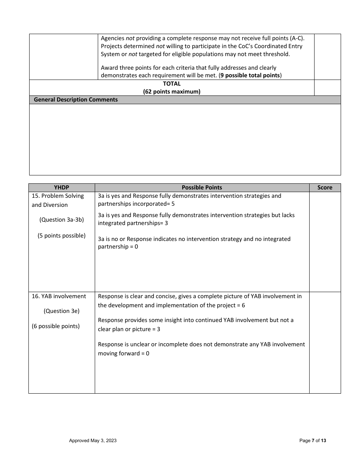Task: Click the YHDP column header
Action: click(x=61, y=188)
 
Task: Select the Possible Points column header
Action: click(x=202, y=188)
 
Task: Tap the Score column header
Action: click(x=325, y=188)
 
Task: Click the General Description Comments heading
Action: click(x=76, y=100)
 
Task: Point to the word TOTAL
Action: click(x=172, y=84)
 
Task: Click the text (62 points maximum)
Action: click(x=172, y=92)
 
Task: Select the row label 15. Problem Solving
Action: click(x=58, y=196)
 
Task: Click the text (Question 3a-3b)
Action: click(x=61, y=220)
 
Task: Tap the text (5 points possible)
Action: click(x=61, y=236)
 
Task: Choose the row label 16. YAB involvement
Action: click(x=59, y=296)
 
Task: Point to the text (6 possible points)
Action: click(x=56, y=326)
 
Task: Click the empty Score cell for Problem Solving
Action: click(x=325, y=242)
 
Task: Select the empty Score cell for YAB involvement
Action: click(x=325, y=342)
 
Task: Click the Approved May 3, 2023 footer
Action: click(x=93, y=441)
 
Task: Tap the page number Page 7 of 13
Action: click(x=313, y=441)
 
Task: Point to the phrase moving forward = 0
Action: click(x=124, y=353)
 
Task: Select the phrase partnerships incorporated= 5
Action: click(x=136, y=204)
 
